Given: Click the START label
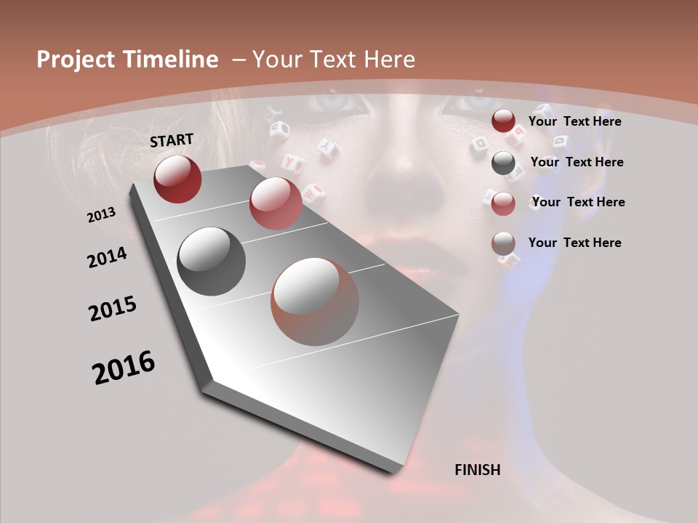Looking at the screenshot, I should [x=172, y=140].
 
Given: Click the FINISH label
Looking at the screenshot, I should [x=478, y=470].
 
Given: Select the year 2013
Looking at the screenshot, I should [x=102, y=215].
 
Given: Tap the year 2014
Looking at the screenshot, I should [x=108, y=258].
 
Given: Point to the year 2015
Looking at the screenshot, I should [x=113, y=309].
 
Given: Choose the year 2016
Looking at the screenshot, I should [x=124, y=368].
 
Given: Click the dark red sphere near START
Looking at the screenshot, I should [x=177, y=179].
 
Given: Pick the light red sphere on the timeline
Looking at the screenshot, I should [x=276, y=203].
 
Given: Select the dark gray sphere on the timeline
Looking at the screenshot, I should [x=212, y=261].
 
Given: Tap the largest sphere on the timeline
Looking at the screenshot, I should [x=315, y=301].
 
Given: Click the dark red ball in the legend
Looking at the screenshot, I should [x=503, y=121].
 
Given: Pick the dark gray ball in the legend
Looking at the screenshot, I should [x=503, y=163].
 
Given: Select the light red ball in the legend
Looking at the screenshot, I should [x=503, y=203].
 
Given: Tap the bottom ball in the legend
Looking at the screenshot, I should [x=503, y=243].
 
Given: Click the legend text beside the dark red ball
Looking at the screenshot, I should [x=574, y=121].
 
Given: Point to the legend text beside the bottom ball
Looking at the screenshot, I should [x=574, y=243].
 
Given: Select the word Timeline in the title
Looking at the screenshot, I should [x=172, y=60].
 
